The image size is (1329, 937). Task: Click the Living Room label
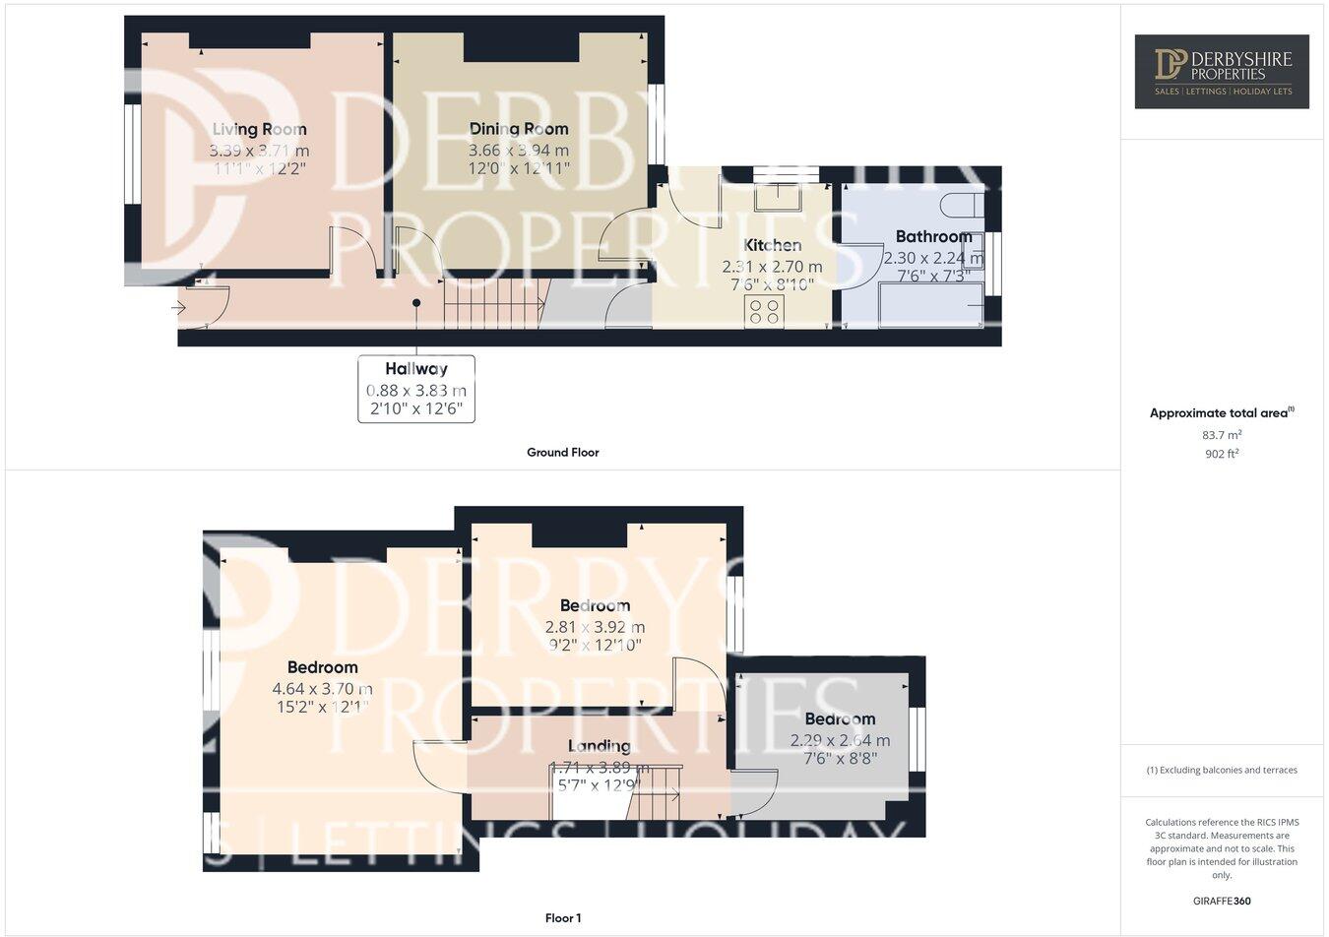pyautogui.click(x=259, y=129)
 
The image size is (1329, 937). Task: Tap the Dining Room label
pyautogui.click(x=519, y=129)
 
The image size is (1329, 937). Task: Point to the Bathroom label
pyautogui.click(x=933, y=236)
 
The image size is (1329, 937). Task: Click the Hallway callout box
pyautogui.click(x=415, y=389)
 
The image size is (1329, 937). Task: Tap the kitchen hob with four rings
pyautogui.click(x=765, y=312)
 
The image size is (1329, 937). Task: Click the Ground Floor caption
pyautogui.click(x=562, y=453)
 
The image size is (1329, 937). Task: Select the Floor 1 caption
pyautogui.click(x=562, y=918)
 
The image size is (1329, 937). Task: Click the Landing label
pyautogui.click(x=599, y=746)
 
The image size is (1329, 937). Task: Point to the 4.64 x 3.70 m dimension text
pyautogui.click(x=323, y=689)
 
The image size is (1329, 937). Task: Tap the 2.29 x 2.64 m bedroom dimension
pyautogui.click(x=840, y=740)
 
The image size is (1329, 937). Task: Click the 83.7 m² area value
pyautogui.click(x=1221, y=434)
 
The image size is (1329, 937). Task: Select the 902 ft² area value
pyautogui.click(x=1221, y=454)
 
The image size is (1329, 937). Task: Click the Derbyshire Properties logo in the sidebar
pyautogui.click(x=1221, y=71)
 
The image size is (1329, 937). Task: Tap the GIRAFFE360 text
pyautogui.click(x=1222, y=901)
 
